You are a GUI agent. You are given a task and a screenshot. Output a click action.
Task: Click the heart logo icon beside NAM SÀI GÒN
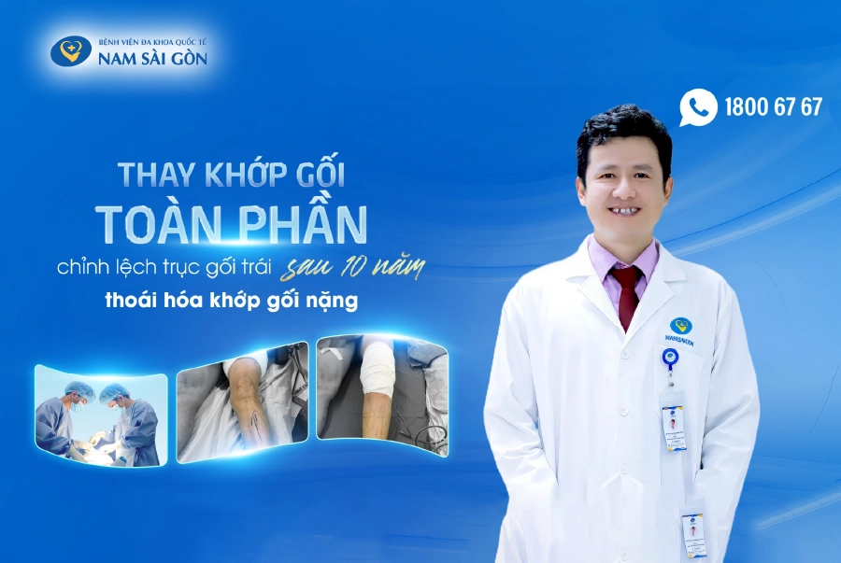[70, 50]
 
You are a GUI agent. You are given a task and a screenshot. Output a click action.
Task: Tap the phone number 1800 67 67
[773, 106]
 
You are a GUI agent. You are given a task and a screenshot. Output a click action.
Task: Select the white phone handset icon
[699, 106]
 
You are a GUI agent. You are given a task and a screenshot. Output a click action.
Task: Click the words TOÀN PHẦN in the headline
[231, 222]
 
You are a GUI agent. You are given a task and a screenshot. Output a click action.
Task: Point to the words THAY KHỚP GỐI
[238, 174]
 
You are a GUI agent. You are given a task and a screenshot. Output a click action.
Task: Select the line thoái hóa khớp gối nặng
[230, 303]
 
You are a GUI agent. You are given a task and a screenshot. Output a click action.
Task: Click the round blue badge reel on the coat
[670, 358]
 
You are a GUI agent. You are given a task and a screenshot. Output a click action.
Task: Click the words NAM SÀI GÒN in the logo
[153, 59]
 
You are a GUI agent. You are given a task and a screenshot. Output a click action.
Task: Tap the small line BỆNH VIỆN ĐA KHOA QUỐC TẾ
[152, 42]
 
